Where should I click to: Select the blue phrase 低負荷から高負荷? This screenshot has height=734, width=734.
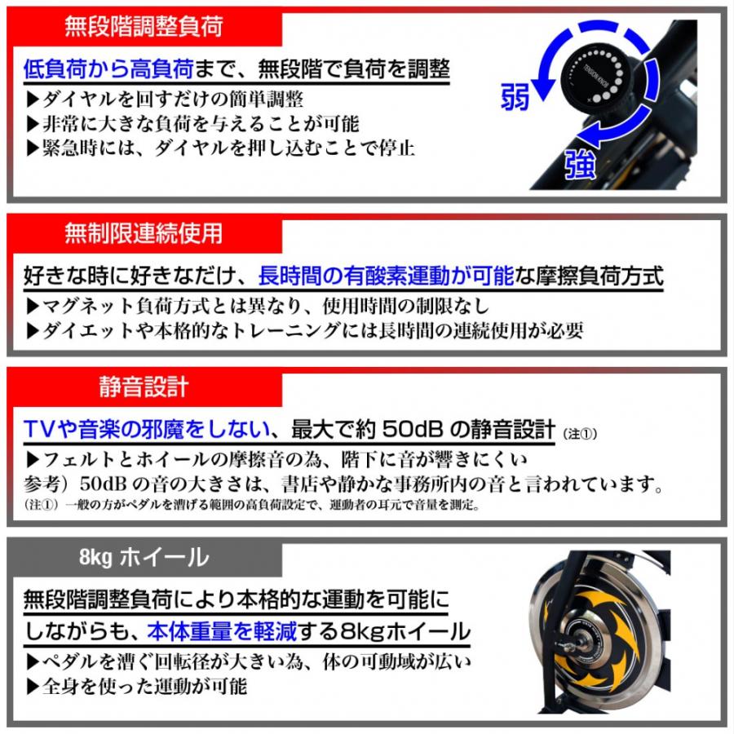[108, 68]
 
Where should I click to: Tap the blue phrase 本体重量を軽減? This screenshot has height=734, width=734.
[245, 630]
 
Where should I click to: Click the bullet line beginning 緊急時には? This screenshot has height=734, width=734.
[220, 148]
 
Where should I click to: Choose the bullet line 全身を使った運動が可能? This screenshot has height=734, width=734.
[135, 686]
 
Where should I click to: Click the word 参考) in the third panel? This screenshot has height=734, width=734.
[48, 481]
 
